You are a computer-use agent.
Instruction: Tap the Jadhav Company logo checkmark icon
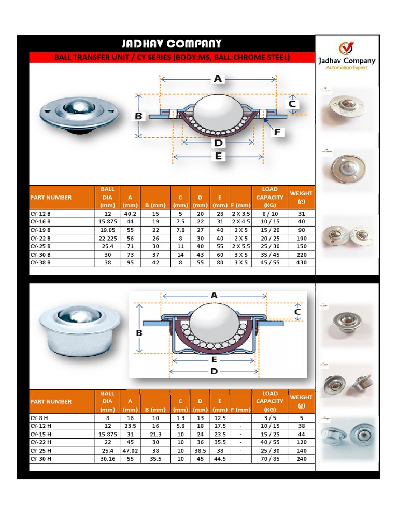pos(346,48)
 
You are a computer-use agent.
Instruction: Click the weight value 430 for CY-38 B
pos(301,263)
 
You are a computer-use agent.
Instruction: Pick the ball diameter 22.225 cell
pos(107,238)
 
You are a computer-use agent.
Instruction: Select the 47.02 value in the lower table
pos(130,451)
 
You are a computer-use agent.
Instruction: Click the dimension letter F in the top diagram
pos(277,132)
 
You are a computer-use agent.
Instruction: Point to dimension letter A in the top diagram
pos(218,79)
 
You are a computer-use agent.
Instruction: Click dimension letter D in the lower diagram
pos(214,371)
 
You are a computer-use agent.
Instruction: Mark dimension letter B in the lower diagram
pos(139,333)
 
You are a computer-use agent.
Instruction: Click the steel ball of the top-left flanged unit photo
pos(79,108)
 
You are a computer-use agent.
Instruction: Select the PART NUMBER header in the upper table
pos(51,198)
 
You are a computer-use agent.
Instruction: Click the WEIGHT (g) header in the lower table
pos(301,401)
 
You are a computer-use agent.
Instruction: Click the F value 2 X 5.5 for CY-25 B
pos(240,246)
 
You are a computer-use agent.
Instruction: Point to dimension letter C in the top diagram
pos(292,104)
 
